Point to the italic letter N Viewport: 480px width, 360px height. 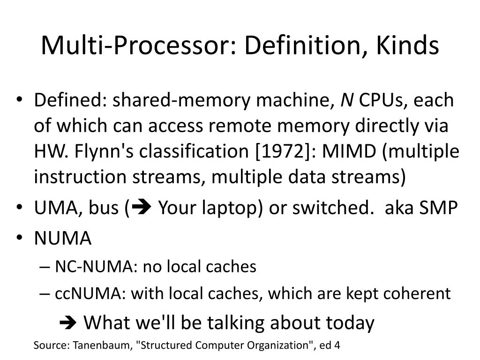[347, 100]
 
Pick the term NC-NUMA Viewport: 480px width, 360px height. [94, 267]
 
